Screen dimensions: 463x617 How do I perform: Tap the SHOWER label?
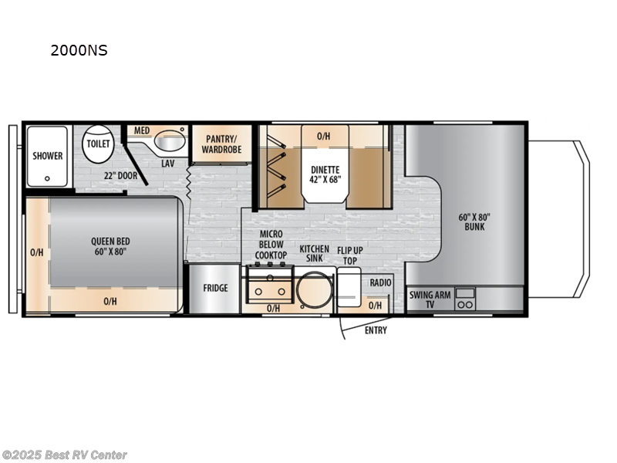[x=47, y=156]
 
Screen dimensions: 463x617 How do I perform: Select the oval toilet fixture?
[x=98, y=144]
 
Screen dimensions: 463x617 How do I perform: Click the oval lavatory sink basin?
[x=169, y=142]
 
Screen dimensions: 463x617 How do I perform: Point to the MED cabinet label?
[x=141, y=130]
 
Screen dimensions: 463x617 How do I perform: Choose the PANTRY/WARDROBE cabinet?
[x=222, y=144]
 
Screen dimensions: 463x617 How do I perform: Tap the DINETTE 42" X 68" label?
[x=325, y=174]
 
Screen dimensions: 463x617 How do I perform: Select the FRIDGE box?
[x=215, y=289]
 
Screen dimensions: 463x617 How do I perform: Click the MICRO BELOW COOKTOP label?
[x=271, y=245]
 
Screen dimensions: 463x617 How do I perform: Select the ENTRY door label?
[x=376, y=331]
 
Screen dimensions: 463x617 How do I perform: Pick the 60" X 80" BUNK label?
[x=469, y=221]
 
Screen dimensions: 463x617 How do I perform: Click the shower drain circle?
[x=47, y=177]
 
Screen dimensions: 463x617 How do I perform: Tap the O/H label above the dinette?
[x=324, y=137]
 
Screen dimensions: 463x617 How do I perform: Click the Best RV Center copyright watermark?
[x=65, y=455]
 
